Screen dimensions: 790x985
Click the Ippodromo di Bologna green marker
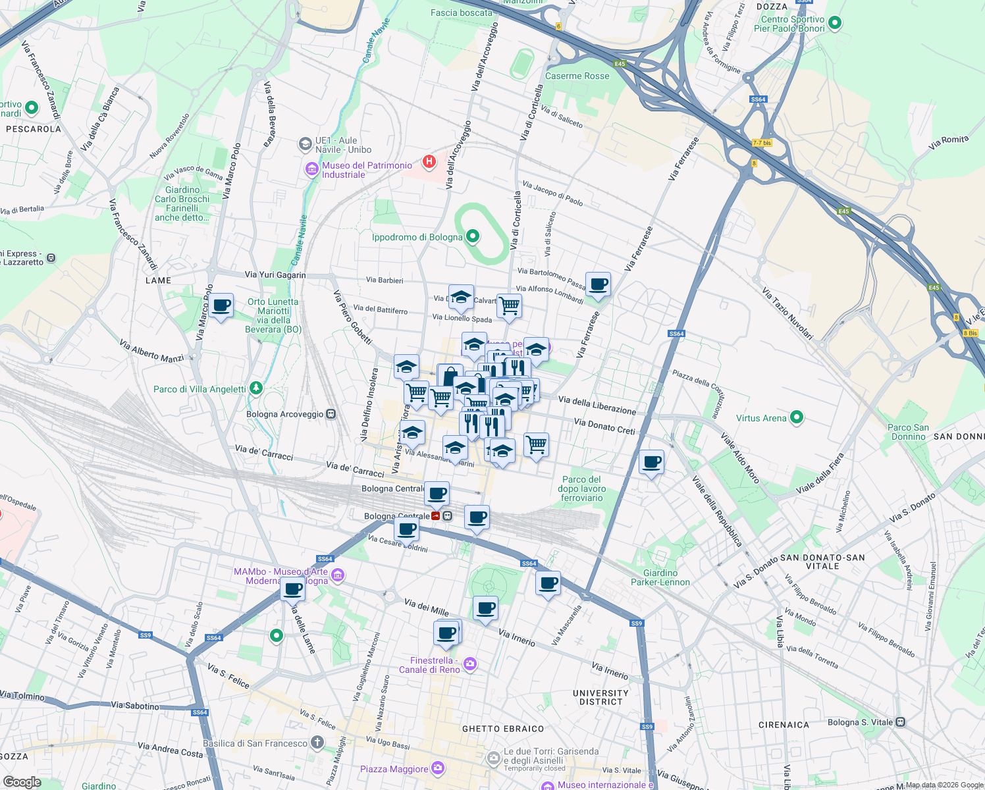pyautogui.click(x=472, y=236)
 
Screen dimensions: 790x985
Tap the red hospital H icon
pyautogui.click(x=429, y=161)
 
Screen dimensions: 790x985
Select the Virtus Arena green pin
pyautogui.click(x=797, y=417)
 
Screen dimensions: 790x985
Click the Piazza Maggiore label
pyautogui.click(x=394, y=769)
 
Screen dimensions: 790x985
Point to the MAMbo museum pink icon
pyautogui.click(x=338, y=576)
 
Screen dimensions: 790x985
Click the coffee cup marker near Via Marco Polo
pyautogui.click(x=222, y=306)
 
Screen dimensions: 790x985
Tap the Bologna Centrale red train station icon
pyautogui.click(x=436, y=516)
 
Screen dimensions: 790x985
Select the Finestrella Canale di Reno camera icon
pyautogui.click(x=469, y=664)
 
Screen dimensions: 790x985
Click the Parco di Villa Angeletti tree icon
pyautogui.click(x=256, y=389)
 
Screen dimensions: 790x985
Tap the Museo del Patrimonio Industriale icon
pyautogui.click(x=311, y=170)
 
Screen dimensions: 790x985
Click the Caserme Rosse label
pyautogui.click(x=577, y=76)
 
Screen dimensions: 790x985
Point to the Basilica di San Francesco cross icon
pyautogui.click(x=317, y=743)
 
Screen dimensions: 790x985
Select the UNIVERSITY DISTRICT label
pyautogui.click(x=600, y=697)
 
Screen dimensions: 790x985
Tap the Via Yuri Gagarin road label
pyautogui.click(x=275, y=275)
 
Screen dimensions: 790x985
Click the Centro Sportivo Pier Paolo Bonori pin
pyautogui.click(x=835, y=23)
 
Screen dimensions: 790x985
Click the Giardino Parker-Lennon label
pyautogui.click(x=660, y=577)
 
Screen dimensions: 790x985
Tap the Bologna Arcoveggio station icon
pyautogui.click(x=331, y=414)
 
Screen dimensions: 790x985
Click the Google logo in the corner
pyautogui.click(x=22, y=781)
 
